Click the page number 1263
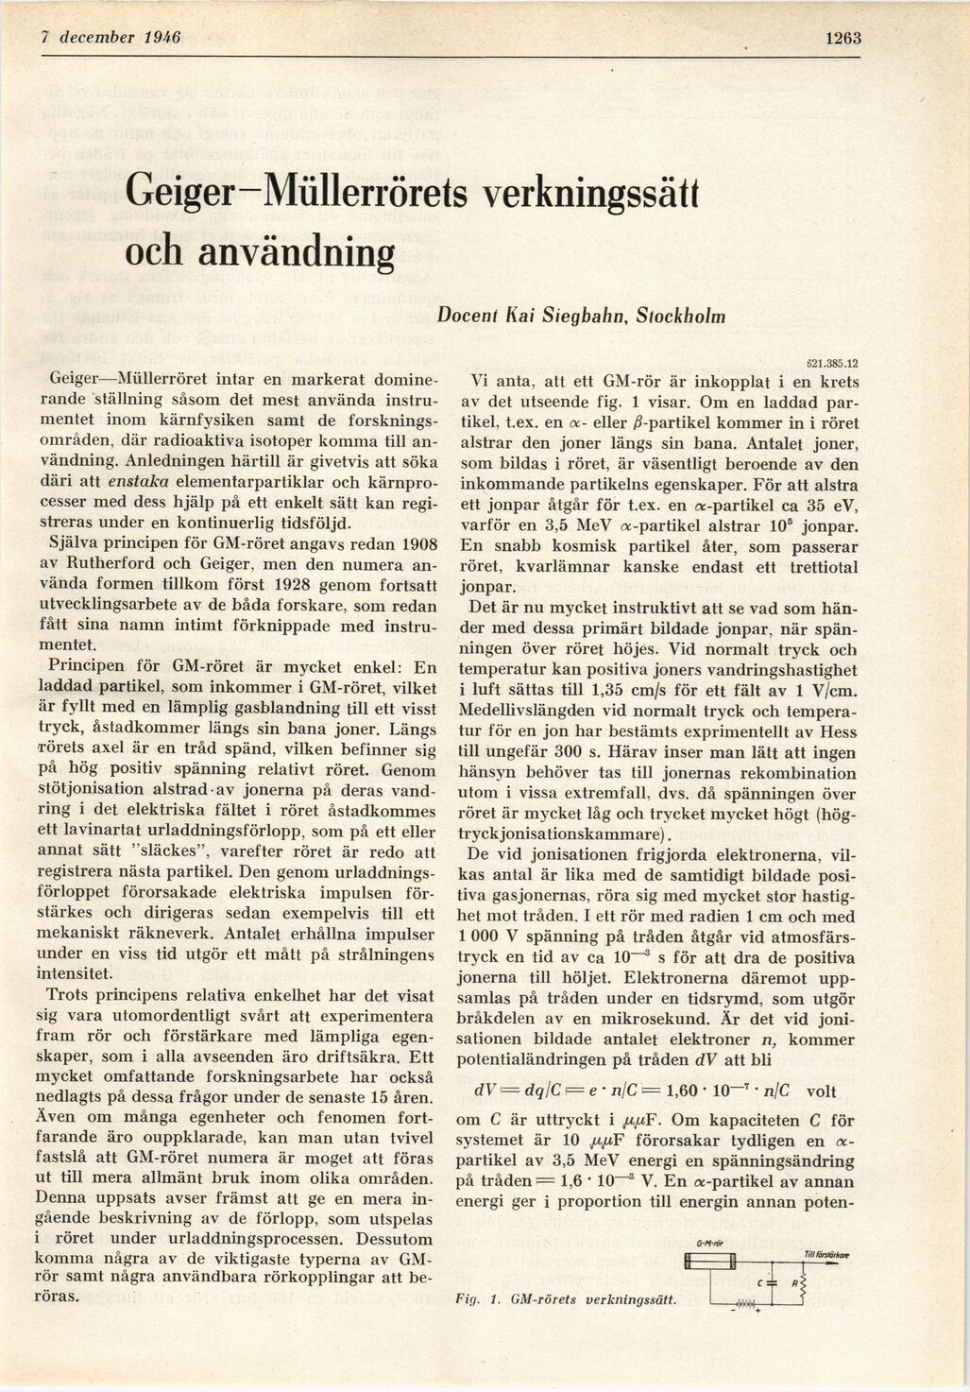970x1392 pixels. tap(842, 38)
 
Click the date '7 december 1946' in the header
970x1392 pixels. tap(111, 38)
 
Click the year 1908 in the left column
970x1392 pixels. tap(416, 544)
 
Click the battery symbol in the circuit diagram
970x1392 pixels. tap(746, 1305)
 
